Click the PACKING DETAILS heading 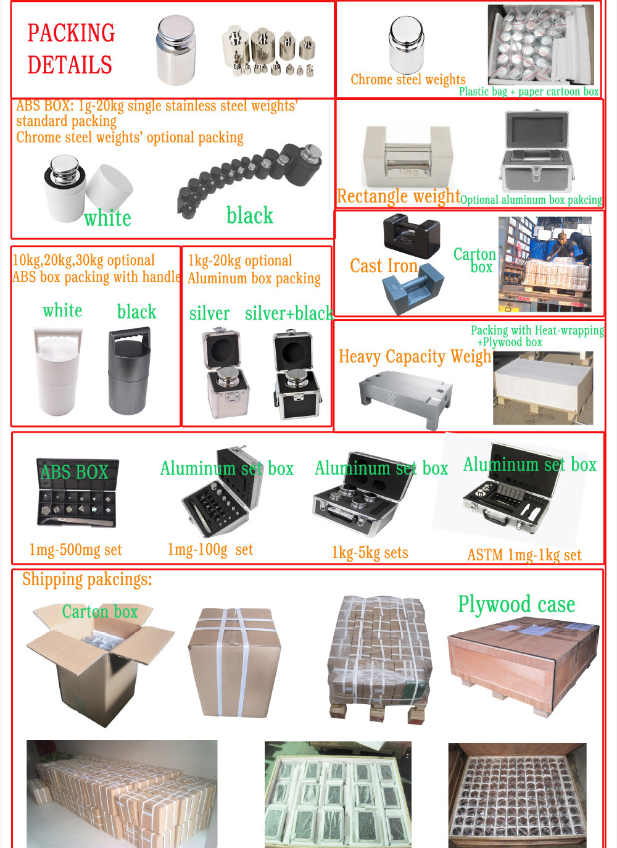pyautogui.click(x=70, y=49)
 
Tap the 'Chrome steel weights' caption pyautogui.click(x=408, y=80)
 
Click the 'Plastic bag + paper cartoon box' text pyautogui.click(x=529, y=92)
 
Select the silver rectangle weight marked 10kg pyautogui.click(x=407, y=157)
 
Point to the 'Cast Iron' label pyautogui.click(x=384, y=266)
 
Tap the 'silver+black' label pyautogui.click(x=289, y=314)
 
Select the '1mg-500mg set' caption pyautogui.click(x=75, y=550)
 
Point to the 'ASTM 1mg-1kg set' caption pyautogui.click(x=524, y=555)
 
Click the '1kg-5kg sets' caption pyautogui.click(x=370, y=553)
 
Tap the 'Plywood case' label pyautogui.click(x=516, y=604)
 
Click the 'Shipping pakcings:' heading pyautogui.click(x=87, y=580)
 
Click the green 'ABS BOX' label pyautogui.click(x=74, y=472)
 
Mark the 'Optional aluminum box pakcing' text pyautogui.click(x=531, y=200)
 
